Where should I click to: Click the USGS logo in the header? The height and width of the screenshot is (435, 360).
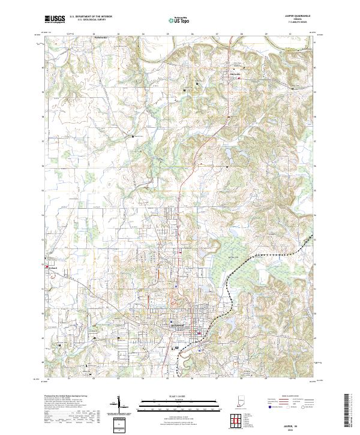coord(55,19)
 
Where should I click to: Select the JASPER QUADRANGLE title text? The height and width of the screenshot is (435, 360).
coord(293,16)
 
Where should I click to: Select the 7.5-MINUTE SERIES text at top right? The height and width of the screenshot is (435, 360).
coord(293,23)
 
